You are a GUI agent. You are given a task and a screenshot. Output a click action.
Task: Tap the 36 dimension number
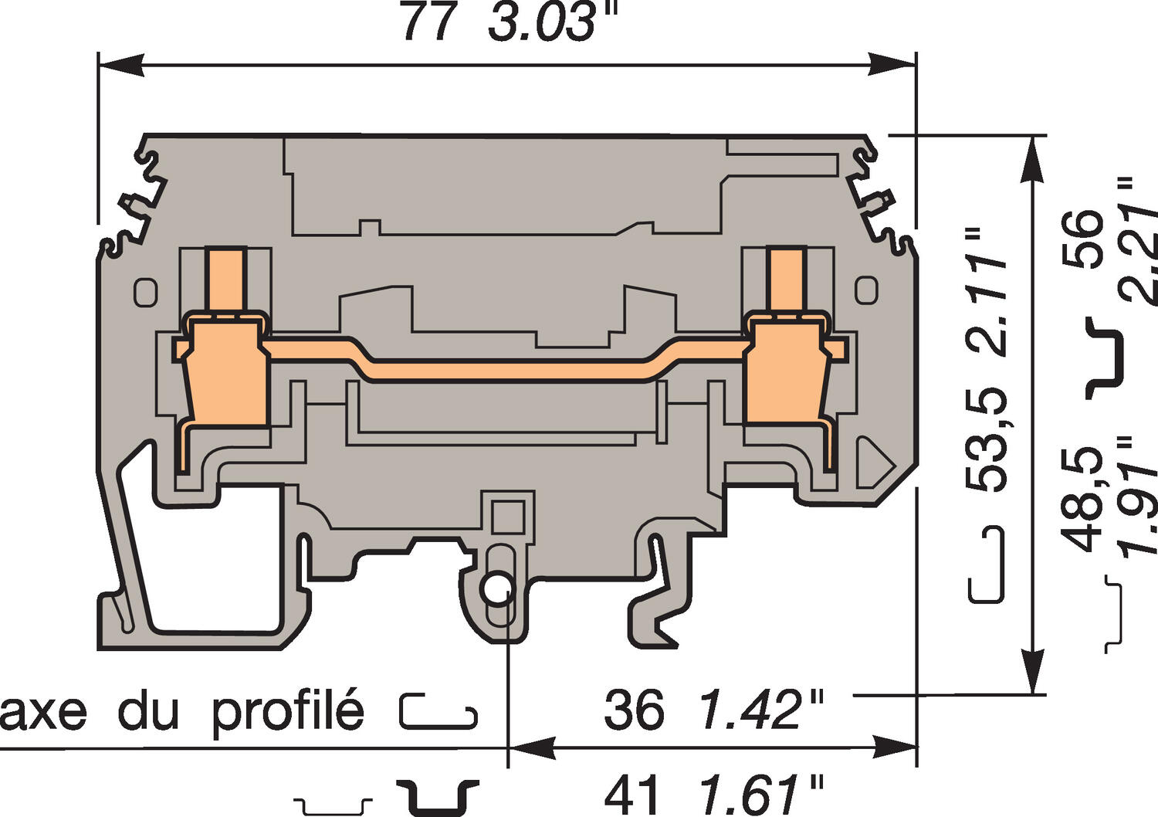[633, 710]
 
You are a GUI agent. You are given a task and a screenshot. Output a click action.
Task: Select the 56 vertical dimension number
[1085, 239]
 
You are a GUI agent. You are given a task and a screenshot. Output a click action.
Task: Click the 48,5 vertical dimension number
[1085, 498]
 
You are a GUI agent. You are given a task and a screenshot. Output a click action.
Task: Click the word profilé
[287, 710]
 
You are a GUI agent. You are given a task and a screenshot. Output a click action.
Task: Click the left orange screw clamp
[228, 371]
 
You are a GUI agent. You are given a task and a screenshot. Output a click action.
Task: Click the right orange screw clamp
[787, 371]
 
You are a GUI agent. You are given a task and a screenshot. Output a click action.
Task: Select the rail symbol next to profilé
[438, 711]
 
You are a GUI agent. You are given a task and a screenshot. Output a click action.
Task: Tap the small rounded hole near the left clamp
[145, 292]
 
